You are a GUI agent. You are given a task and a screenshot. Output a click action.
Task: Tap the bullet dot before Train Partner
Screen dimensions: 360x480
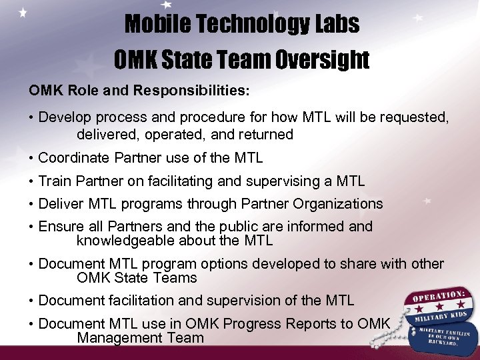[31, 181]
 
